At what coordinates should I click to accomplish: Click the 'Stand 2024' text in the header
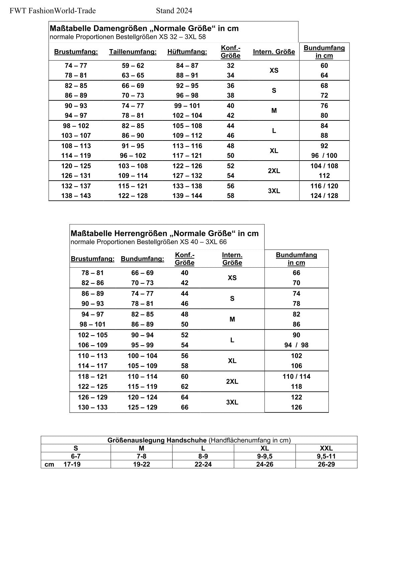pyautogui.click(x=174, y=11)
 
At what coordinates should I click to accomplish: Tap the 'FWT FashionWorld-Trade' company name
pyautogui.click(x=53, y=11)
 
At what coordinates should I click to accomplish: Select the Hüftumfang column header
pyautogui.click(x=187, y=52)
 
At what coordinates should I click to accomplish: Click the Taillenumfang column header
pyautogui.click(x=133, y=52)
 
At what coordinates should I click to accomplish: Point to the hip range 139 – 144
pyautogui.click(x=187, y=196)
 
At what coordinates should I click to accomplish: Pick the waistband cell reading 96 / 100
pyautogui.click(x=324, y=156)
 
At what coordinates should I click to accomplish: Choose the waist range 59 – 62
pyautogui.click(x=133, y=66)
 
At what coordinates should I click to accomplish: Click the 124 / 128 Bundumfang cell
pyautogui.click(x=324, y=196)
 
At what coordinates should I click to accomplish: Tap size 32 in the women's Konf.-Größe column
pyautogui.click(x=230, y=66)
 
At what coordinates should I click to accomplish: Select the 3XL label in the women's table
pyautogui.click(x=274, y=191)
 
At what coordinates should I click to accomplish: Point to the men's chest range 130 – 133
pyautogui.click(x=93, y=407)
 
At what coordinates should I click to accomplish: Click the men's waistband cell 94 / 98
pyautogui.click(x=296, y=345)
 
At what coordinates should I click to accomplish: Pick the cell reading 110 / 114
pyautogui.click(x=296, y=376)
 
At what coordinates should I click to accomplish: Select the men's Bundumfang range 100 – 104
pyautogui.click(x=142, y=356)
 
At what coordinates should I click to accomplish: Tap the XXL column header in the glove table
pyautogui.click(x=326, y=448)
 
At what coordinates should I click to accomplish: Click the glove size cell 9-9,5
pyautogui.click(x=265, y=456)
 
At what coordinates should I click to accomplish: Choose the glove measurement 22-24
pyautogui.click(x=203, y=464)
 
